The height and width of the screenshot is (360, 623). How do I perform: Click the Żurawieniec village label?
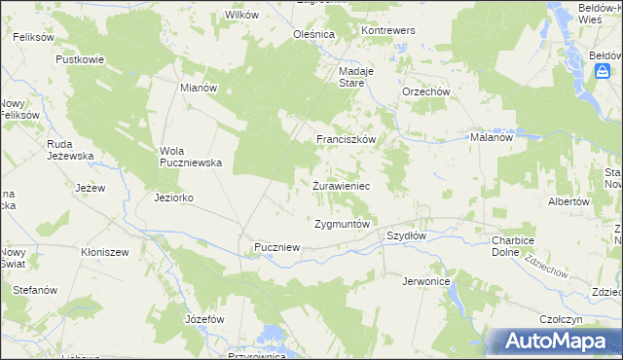pos(341,184)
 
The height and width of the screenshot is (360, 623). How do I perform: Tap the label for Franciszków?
pos(346,139)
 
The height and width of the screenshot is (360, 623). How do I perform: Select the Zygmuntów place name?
pos(342,224)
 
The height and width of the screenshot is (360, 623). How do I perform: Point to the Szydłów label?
pos(407,235)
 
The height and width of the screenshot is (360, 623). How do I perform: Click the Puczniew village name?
pos(276,248)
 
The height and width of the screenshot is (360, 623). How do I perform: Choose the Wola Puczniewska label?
pos(192,157)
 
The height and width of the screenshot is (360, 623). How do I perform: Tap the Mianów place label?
pos(199,87)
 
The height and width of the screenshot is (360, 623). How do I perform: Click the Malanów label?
pos(492,137)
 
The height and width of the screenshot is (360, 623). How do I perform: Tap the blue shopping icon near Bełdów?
pos(604,72)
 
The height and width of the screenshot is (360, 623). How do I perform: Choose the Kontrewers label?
pos(388,30)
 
